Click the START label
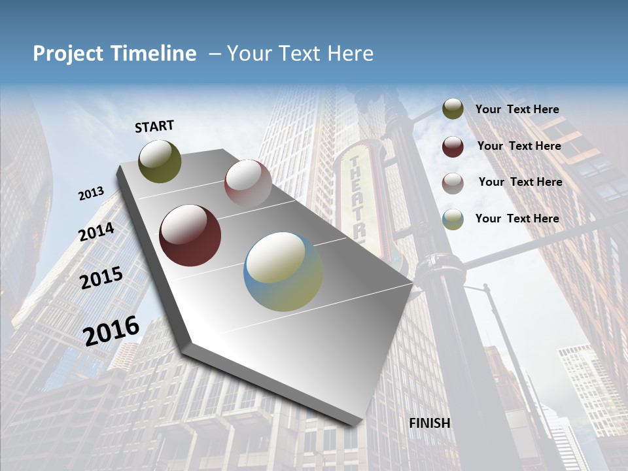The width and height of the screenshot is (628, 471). [154, 126]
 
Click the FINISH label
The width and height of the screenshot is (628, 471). [429, 423]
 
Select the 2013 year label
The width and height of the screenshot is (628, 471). [91, 194]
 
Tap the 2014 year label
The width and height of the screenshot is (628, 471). [96, 232]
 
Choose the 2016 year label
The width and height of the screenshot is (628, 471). [111, 330]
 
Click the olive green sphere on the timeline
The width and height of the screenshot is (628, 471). [160, 161]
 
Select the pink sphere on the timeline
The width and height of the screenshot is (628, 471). [248, 183]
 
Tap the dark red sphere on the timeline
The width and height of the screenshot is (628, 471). [190, 235]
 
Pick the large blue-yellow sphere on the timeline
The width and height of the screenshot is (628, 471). [283, 271]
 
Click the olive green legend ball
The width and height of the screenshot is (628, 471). [453, 109]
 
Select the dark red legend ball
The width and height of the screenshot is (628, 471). [453, 147]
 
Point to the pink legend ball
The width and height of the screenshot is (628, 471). [453, 183]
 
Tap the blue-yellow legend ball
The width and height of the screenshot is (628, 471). [453, 219]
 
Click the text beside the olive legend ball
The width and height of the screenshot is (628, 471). [517, 110]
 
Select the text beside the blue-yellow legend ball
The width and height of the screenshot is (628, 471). [517, 218]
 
